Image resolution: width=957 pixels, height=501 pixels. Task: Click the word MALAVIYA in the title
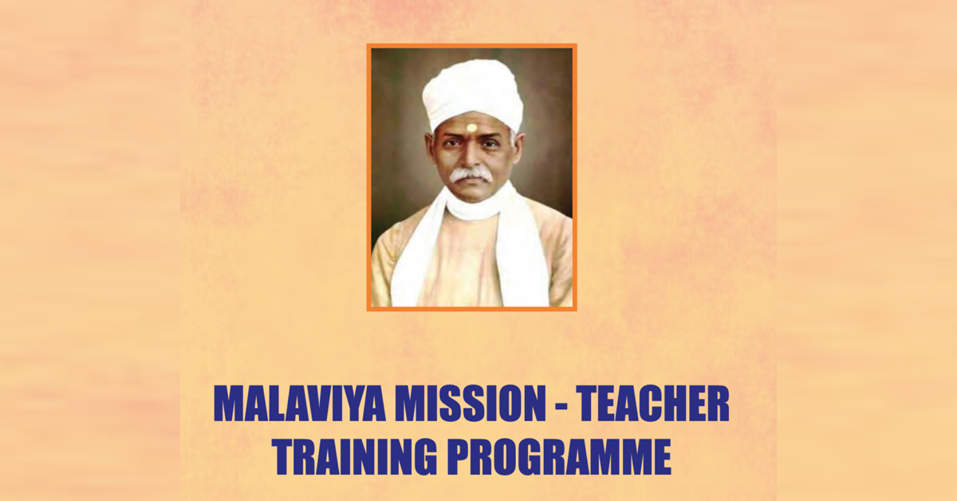pos(299,404)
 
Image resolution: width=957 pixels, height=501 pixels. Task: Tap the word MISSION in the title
pos(471,404)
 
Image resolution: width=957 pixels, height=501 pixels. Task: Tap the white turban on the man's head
pos(474,94)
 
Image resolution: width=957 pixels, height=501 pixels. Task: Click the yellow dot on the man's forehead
pos(471,128)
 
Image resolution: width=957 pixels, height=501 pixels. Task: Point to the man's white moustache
pos(470,175)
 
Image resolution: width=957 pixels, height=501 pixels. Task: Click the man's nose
pos(471,157)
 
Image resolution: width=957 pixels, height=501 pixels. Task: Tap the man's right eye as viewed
pos(489,144)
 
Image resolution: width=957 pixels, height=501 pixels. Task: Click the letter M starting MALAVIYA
pos(230,404)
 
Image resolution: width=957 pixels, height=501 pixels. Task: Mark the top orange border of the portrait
pos(471,45)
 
